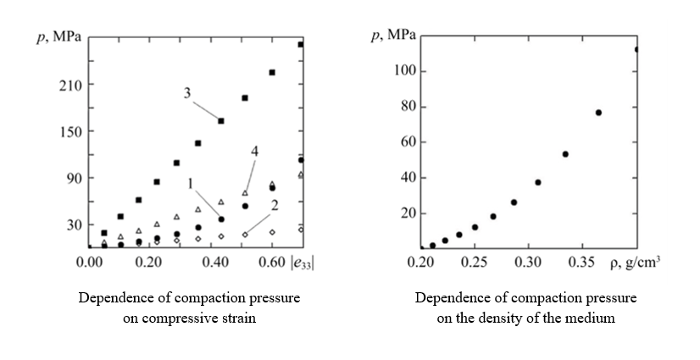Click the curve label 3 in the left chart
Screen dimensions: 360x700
pos(186,92)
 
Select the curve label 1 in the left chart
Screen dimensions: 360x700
pos(192,182)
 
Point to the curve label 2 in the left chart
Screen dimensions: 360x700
pos(275,206)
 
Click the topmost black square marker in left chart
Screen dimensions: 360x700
pos(300,44)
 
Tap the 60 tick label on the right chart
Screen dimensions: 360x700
pos(407,142)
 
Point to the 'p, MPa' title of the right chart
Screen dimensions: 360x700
pos(393,36)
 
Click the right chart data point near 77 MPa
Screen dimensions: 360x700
pos(598,113)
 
